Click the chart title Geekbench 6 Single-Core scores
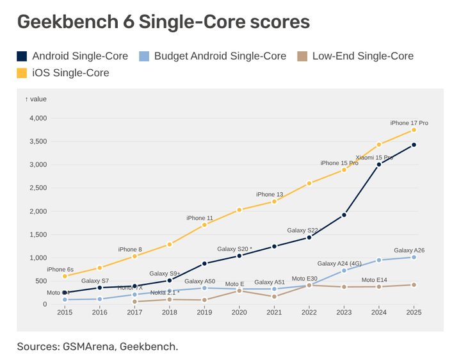tap(163, 22)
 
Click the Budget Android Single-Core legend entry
tap(213, 56)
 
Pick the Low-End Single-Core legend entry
tap(356, 56)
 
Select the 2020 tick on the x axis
tap(239, 313)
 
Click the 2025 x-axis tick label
tap(414, 313)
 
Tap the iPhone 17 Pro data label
tap(409, 122)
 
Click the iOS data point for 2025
tap(414, 130)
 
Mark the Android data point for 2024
tap(379, 165)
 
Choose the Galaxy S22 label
tap(302, 230)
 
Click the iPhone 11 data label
tap(200, 218)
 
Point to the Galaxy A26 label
tap(409, 250)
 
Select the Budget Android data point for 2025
tap(414, 257)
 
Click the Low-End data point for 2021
tap(274, 297)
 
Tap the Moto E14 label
tap(375, 280)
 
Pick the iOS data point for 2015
tap(65, 276)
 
